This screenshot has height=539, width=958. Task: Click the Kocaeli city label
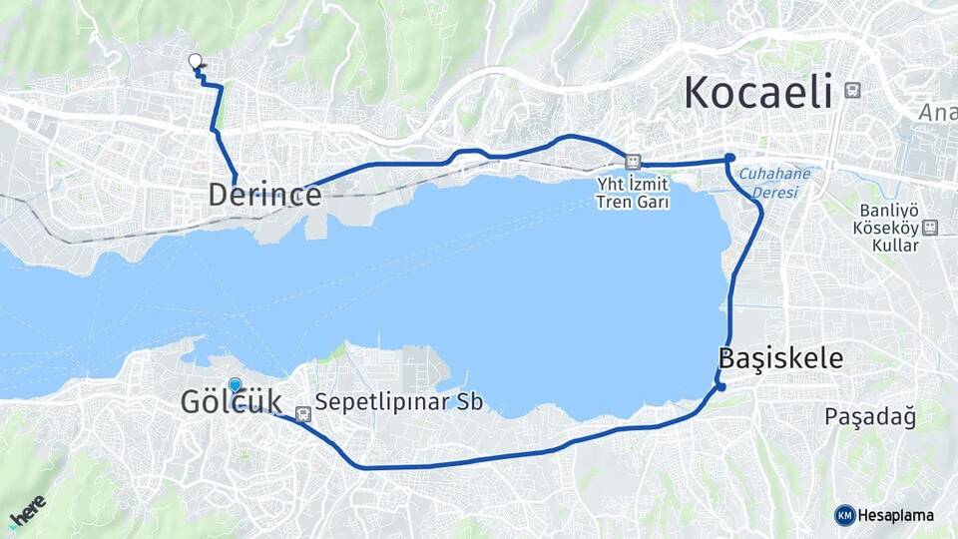758,93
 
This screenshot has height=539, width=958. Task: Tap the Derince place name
264,195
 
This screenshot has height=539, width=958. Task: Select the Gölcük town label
231,402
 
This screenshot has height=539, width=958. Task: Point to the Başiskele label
780,358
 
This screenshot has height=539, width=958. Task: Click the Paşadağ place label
870,416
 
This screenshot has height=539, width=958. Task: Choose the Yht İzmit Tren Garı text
632,193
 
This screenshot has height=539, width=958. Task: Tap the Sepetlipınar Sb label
398,403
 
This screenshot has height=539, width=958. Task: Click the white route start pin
196,61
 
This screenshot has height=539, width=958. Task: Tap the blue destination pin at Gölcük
235,384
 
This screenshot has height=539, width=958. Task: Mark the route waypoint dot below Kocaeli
730,158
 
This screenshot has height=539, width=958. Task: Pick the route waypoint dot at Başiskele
719,386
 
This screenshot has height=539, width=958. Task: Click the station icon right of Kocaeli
852,90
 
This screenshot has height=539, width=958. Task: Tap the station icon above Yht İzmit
633,160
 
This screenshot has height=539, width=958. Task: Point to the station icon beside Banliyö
930,228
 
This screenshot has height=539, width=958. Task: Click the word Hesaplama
896,515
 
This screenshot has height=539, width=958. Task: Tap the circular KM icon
844,515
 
